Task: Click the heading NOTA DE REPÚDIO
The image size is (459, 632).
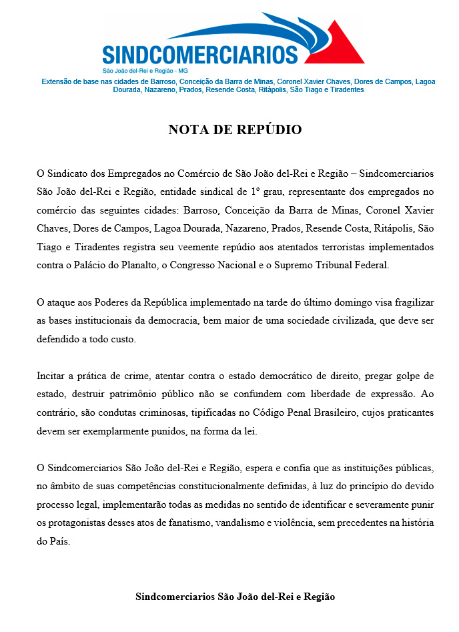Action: pos(235,129)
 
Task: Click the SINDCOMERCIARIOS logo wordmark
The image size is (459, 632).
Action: pos(200,53)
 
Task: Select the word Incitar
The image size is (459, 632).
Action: pos(51,376)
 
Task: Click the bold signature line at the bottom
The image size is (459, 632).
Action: pos(235,596)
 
